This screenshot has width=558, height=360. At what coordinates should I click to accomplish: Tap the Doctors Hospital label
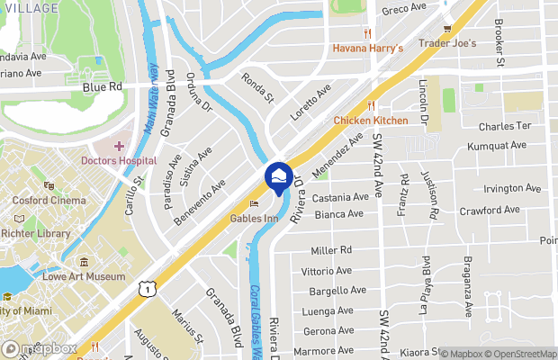(117, 161)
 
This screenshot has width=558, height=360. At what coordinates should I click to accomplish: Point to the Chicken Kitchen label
(370, 120)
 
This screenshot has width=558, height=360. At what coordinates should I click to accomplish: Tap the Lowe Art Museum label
(85, 276)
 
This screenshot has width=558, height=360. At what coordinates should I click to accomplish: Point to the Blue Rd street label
(101, 88)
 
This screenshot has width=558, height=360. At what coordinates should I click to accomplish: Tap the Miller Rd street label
(330, 250)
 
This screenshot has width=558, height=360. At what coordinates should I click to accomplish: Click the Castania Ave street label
(341, 196)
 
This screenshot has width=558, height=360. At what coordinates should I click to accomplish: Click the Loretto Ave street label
(310, 101)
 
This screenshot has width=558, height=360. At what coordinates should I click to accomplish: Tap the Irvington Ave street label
(511, 188)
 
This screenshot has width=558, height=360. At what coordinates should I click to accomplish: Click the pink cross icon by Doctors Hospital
(119, 146)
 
